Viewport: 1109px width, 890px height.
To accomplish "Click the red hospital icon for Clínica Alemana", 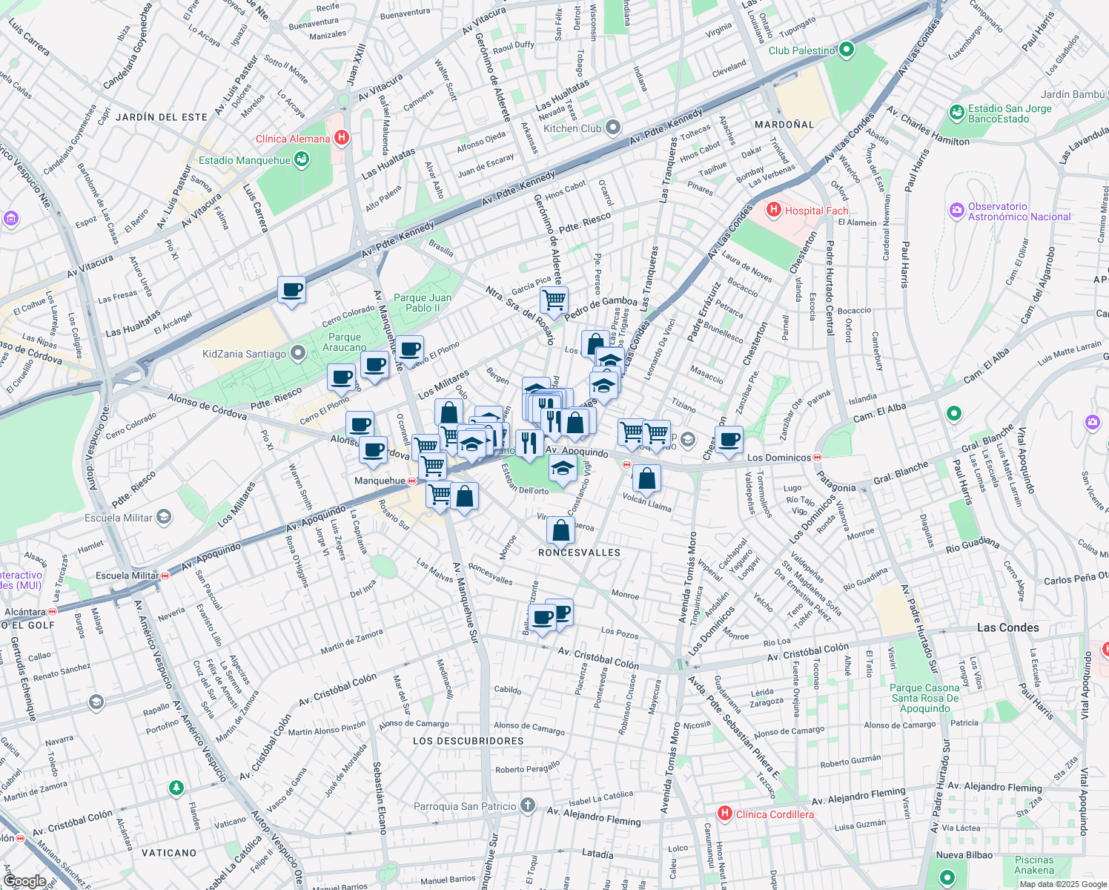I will point(341,138).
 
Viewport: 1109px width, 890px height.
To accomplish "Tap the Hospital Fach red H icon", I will point(774,210).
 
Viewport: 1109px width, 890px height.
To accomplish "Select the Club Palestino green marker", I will point(846,50).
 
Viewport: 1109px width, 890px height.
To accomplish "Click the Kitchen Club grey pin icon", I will point(612,128).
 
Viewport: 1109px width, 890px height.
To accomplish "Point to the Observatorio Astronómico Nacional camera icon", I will point(957,211).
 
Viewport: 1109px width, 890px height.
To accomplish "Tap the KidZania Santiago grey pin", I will point(298,354).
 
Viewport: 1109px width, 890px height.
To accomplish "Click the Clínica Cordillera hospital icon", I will point(725,814).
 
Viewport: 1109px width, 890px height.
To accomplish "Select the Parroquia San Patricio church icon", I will point(527,805).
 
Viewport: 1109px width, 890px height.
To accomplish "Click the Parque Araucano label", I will point(344,342).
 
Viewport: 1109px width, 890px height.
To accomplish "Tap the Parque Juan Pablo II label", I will point(423,303).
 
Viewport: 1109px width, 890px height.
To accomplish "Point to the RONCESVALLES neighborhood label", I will point(579,553).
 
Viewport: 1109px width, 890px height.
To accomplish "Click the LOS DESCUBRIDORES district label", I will point(468,741).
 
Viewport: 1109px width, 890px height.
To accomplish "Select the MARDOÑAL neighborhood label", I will point(784,125).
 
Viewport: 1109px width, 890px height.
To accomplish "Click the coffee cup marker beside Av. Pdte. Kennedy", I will point(292,290).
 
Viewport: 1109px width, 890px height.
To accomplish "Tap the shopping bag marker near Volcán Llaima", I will point(646,479).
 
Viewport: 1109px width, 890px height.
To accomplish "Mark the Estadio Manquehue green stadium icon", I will point(301,159).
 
